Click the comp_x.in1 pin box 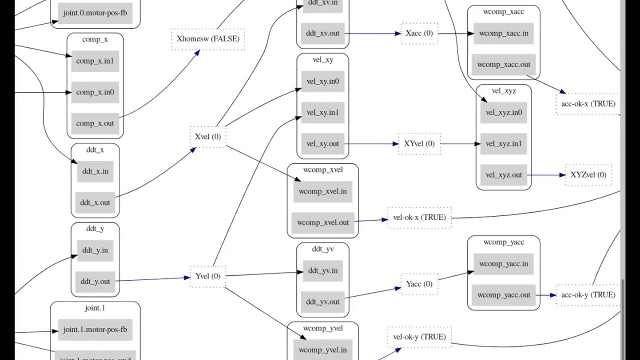pos(95,61)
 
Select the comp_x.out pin pos(95,123)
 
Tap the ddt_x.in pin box pos(95,171)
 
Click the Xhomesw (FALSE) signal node pos(208,38)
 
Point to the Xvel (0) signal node pos(208,136)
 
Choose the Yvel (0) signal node pos(208,276)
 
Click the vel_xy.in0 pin pos(322,81)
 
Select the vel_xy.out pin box pos(322,144)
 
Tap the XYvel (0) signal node pos(419,143)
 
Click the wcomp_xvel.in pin pos(322,191)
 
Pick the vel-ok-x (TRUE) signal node pos(419,217)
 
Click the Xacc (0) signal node pos(419,33)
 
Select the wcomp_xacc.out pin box pos(503,64)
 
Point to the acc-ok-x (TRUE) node pos(588,104)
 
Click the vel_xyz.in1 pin pos(503,144)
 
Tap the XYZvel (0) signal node pos(588,174)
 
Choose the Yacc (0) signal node pos(419,284)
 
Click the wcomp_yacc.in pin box pos(503,264)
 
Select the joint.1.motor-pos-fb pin pos(95,330)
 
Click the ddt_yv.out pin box pos(322,302)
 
